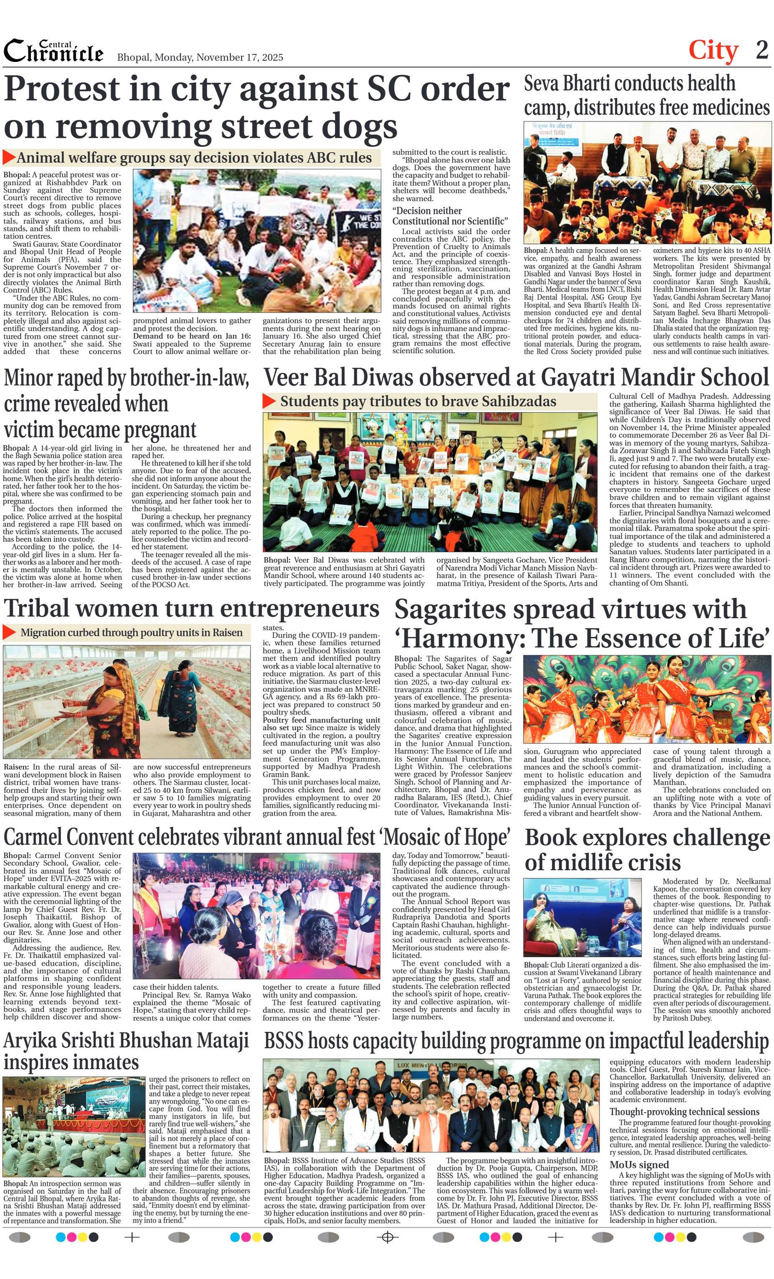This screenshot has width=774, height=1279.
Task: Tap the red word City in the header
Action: tap(713, 50)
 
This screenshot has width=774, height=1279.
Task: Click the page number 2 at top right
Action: tap(761, 50)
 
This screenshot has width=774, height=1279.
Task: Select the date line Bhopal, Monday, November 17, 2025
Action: tap(200, 57)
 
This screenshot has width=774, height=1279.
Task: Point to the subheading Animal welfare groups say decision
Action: tap(193, 158)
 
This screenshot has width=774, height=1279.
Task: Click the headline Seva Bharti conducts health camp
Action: tap(646, 95)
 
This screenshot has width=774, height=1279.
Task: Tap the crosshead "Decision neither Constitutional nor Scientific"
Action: tap(449, 216)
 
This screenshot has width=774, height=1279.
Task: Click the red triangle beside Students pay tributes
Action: tap(269, 401)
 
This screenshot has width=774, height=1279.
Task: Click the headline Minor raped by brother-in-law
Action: tap(126, 404)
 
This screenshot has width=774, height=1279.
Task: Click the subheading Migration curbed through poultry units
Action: tap(131, 633)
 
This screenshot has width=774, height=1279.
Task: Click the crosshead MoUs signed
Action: tap(639, 1164)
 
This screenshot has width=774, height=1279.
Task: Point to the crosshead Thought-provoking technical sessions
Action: tap(684, 1111)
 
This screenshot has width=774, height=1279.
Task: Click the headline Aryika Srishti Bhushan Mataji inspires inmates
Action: tap(126, 1051)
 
